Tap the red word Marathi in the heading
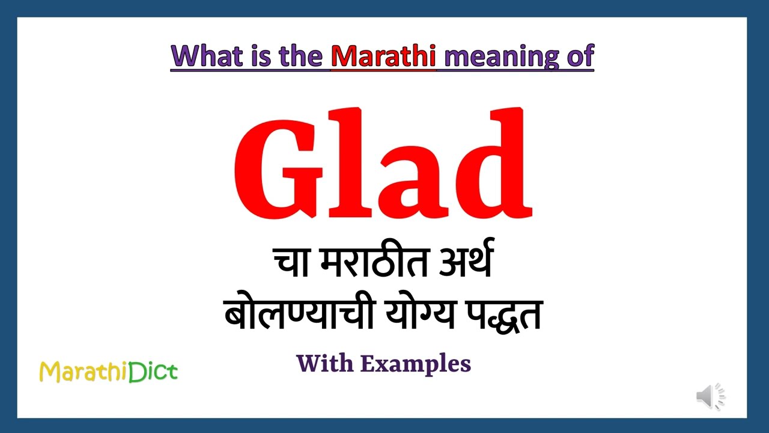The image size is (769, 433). [383, 56]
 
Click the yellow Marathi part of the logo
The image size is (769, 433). [83, 372]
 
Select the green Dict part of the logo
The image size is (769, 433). [153, 372]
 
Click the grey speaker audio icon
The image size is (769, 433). [710, 397]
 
